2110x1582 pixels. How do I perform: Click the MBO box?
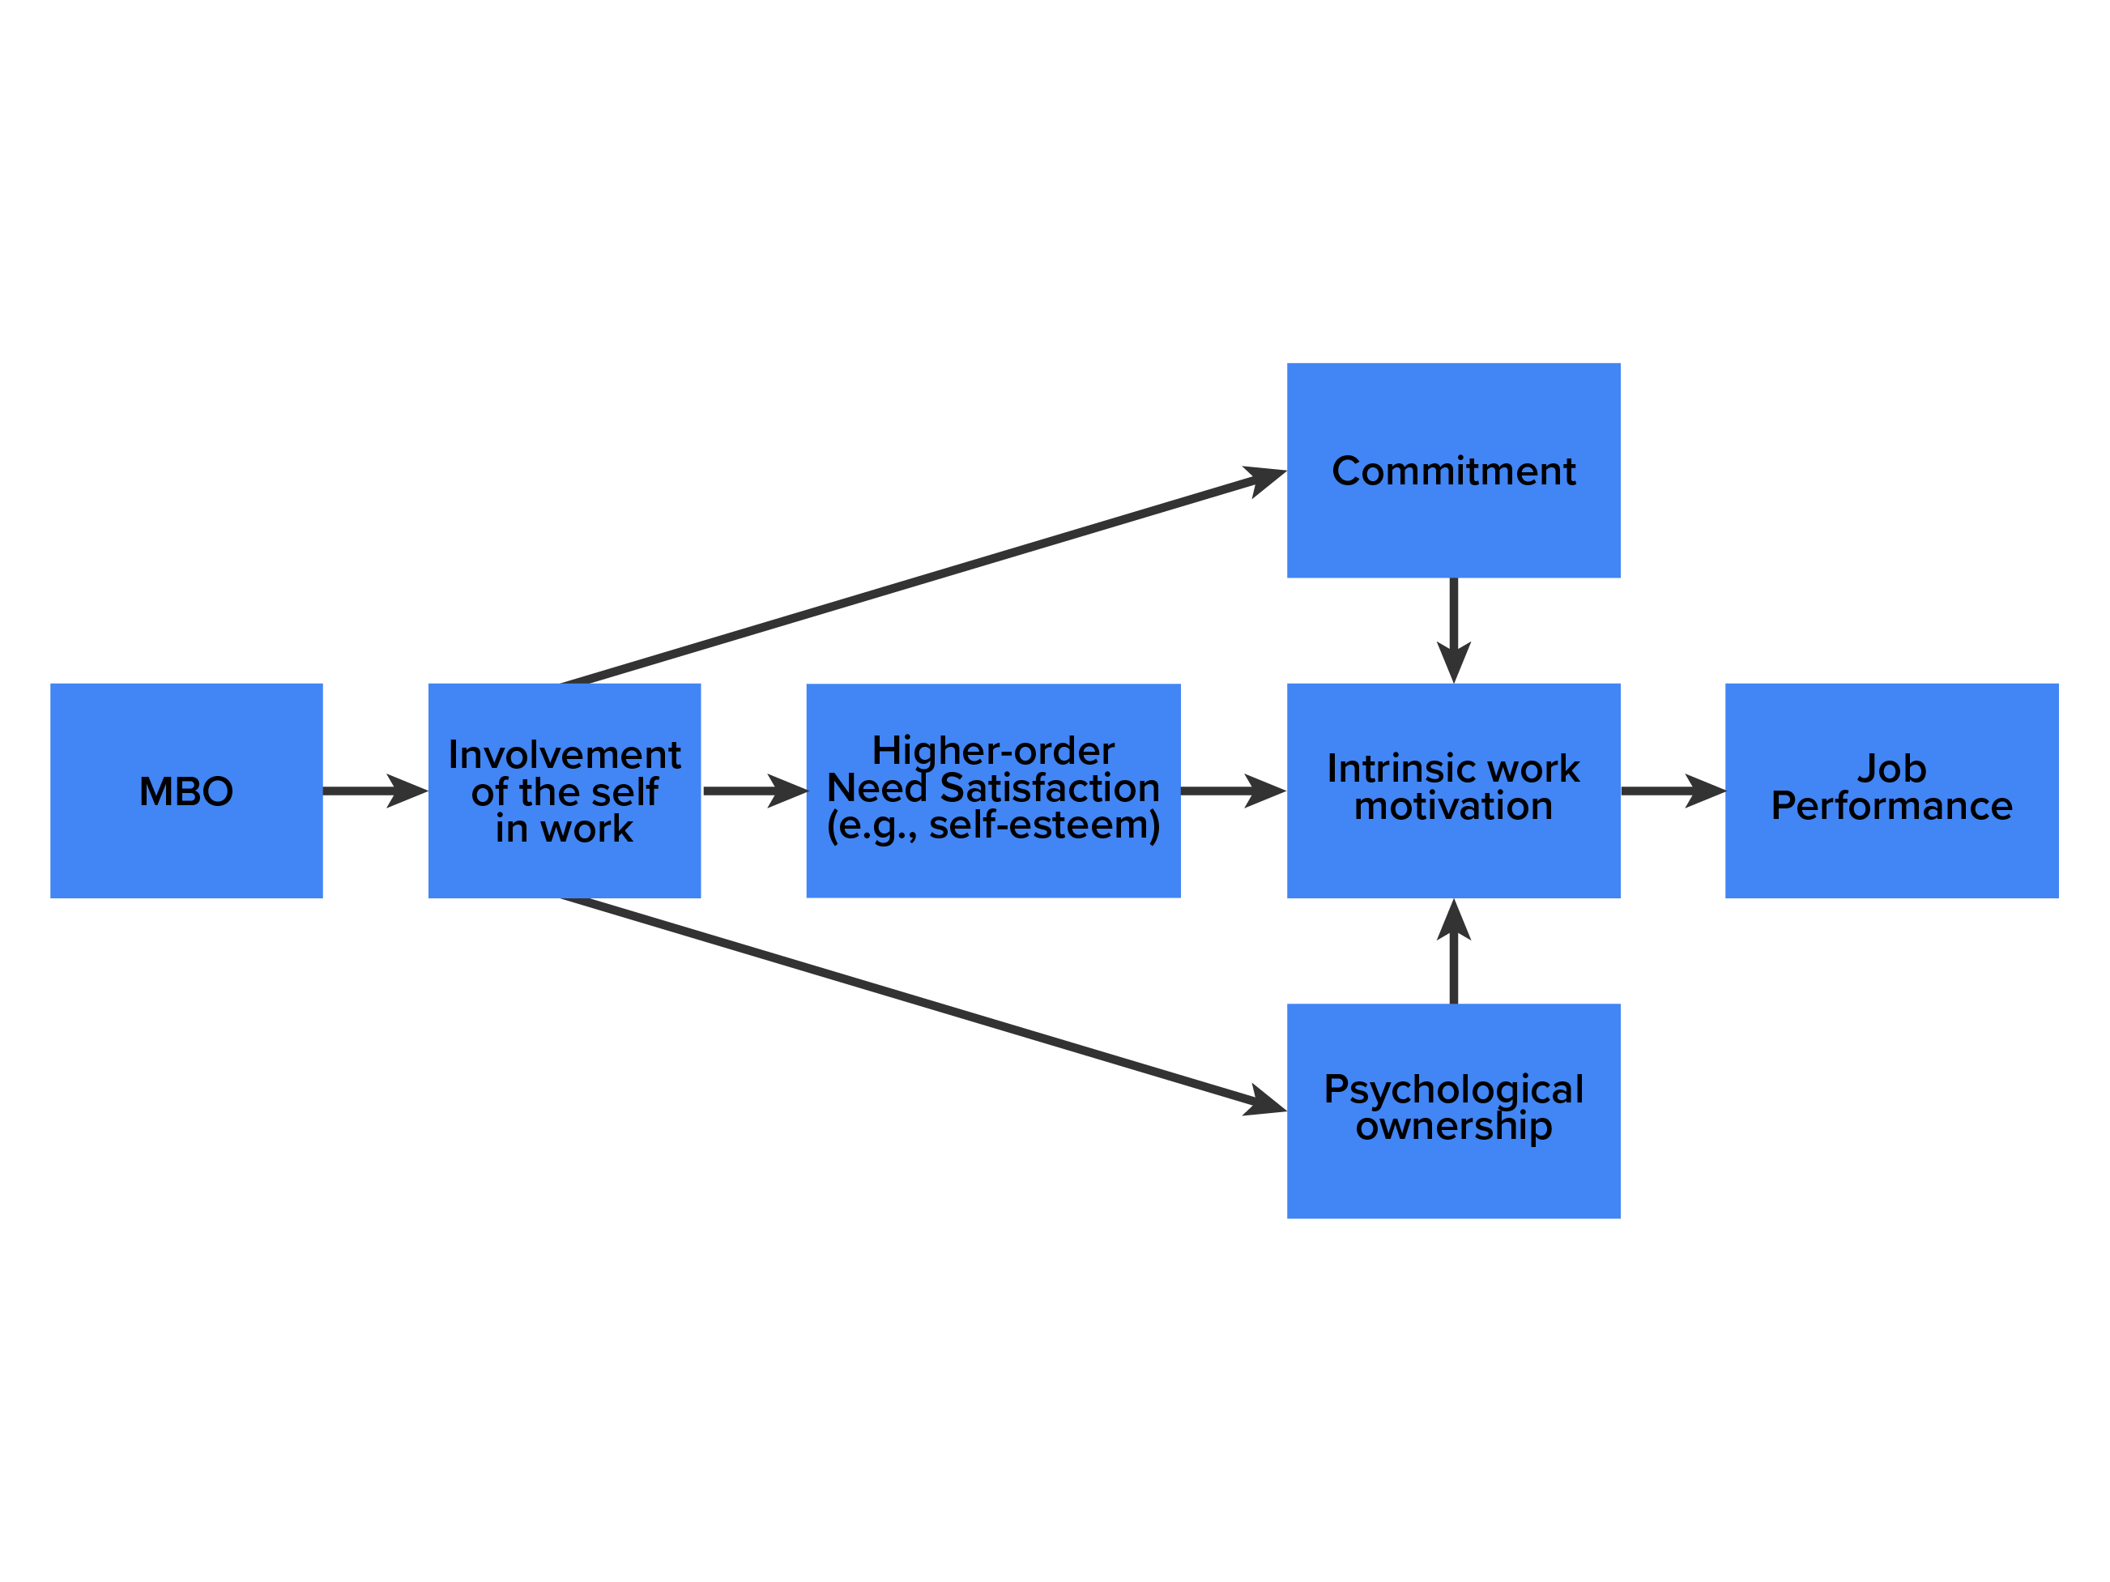click(x=186, y=790)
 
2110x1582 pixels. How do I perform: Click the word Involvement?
click(x=564, y=755)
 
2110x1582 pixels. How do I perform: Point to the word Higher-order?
click(x=993, y=751)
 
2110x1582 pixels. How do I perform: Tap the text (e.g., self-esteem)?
click(x=993, y=825)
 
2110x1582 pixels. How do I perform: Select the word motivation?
click(x=1453, y=806)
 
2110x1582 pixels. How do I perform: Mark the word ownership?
click(x=1453, y=1126)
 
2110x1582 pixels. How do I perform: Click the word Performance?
click(x=1890, y=806)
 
